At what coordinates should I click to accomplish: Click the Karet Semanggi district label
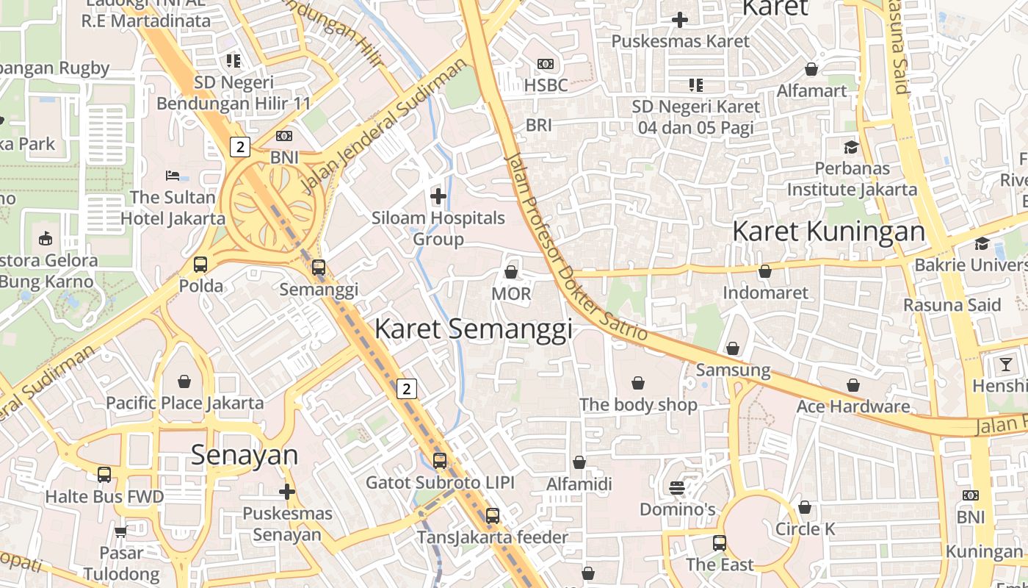point(474,329)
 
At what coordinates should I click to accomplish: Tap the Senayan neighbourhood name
point(245,455)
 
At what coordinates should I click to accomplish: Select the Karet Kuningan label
point(829,232)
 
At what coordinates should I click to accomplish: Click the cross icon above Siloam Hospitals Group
point(438,196)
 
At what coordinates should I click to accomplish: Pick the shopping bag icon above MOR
point(511,272)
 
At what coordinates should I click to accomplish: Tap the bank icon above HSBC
point(546,64)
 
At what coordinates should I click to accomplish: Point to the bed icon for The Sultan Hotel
point(172,176)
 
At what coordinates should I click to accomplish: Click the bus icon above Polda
point(200,265)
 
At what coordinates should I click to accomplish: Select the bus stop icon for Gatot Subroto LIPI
point(440,461)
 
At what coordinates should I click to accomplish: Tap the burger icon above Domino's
point(677,488)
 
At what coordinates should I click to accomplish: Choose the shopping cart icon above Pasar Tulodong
point(120,531)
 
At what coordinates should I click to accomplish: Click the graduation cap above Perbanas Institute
point(851,147)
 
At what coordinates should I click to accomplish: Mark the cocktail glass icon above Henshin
point(1005,364)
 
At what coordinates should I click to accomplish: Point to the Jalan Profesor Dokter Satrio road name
point(576,246)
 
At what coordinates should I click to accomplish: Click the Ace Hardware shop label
point(853,406)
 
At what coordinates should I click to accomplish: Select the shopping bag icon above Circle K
point(805,507)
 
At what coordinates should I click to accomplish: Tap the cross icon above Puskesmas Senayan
point(287,492)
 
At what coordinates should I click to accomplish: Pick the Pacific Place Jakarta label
point(184,403)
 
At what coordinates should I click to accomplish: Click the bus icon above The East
point(720,543)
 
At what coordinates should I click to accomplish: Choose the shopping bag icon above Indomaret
point(765,271)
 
